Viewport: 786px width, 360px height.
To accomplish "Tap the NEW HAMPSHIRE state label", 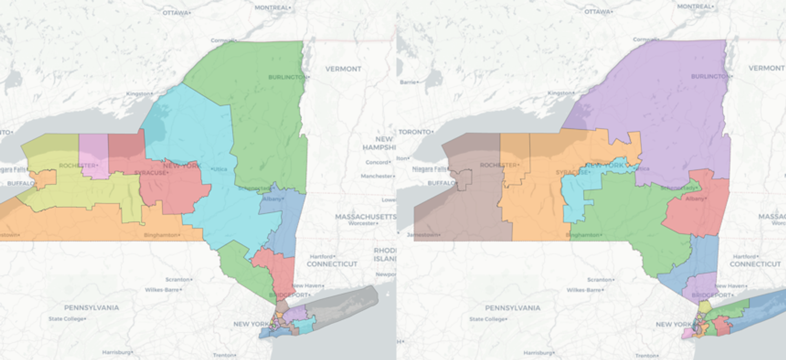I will point(379,143).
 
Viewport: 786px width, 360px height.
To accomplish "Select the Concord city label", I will point(377,162).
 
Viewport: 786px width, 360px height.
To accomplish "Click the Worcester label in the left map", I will point(362,223).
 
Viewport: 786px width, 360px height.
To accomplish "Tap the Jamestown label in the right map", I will point(423,235).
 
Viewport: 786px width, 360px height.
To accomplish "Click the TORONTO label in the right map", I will point(415,132).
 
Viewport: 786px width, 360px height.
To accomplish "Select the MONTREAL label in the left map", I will point(272,7).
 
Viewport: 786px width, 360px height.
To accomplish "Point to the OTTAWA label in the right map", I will point(597,12).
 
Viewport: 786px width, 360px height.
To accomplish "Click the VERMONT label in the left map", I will point(343,69).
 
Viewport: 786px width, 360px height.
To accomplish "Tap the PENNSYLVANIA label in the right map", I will point(512,308).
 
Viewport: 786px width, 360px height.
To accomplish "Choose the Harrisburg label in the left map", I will point(116,352).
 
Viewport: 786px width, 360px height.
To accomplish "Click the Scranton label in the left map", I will point(177,279).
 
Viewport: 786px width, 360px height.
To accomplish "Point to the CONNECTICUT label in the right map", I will point(755,264).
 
